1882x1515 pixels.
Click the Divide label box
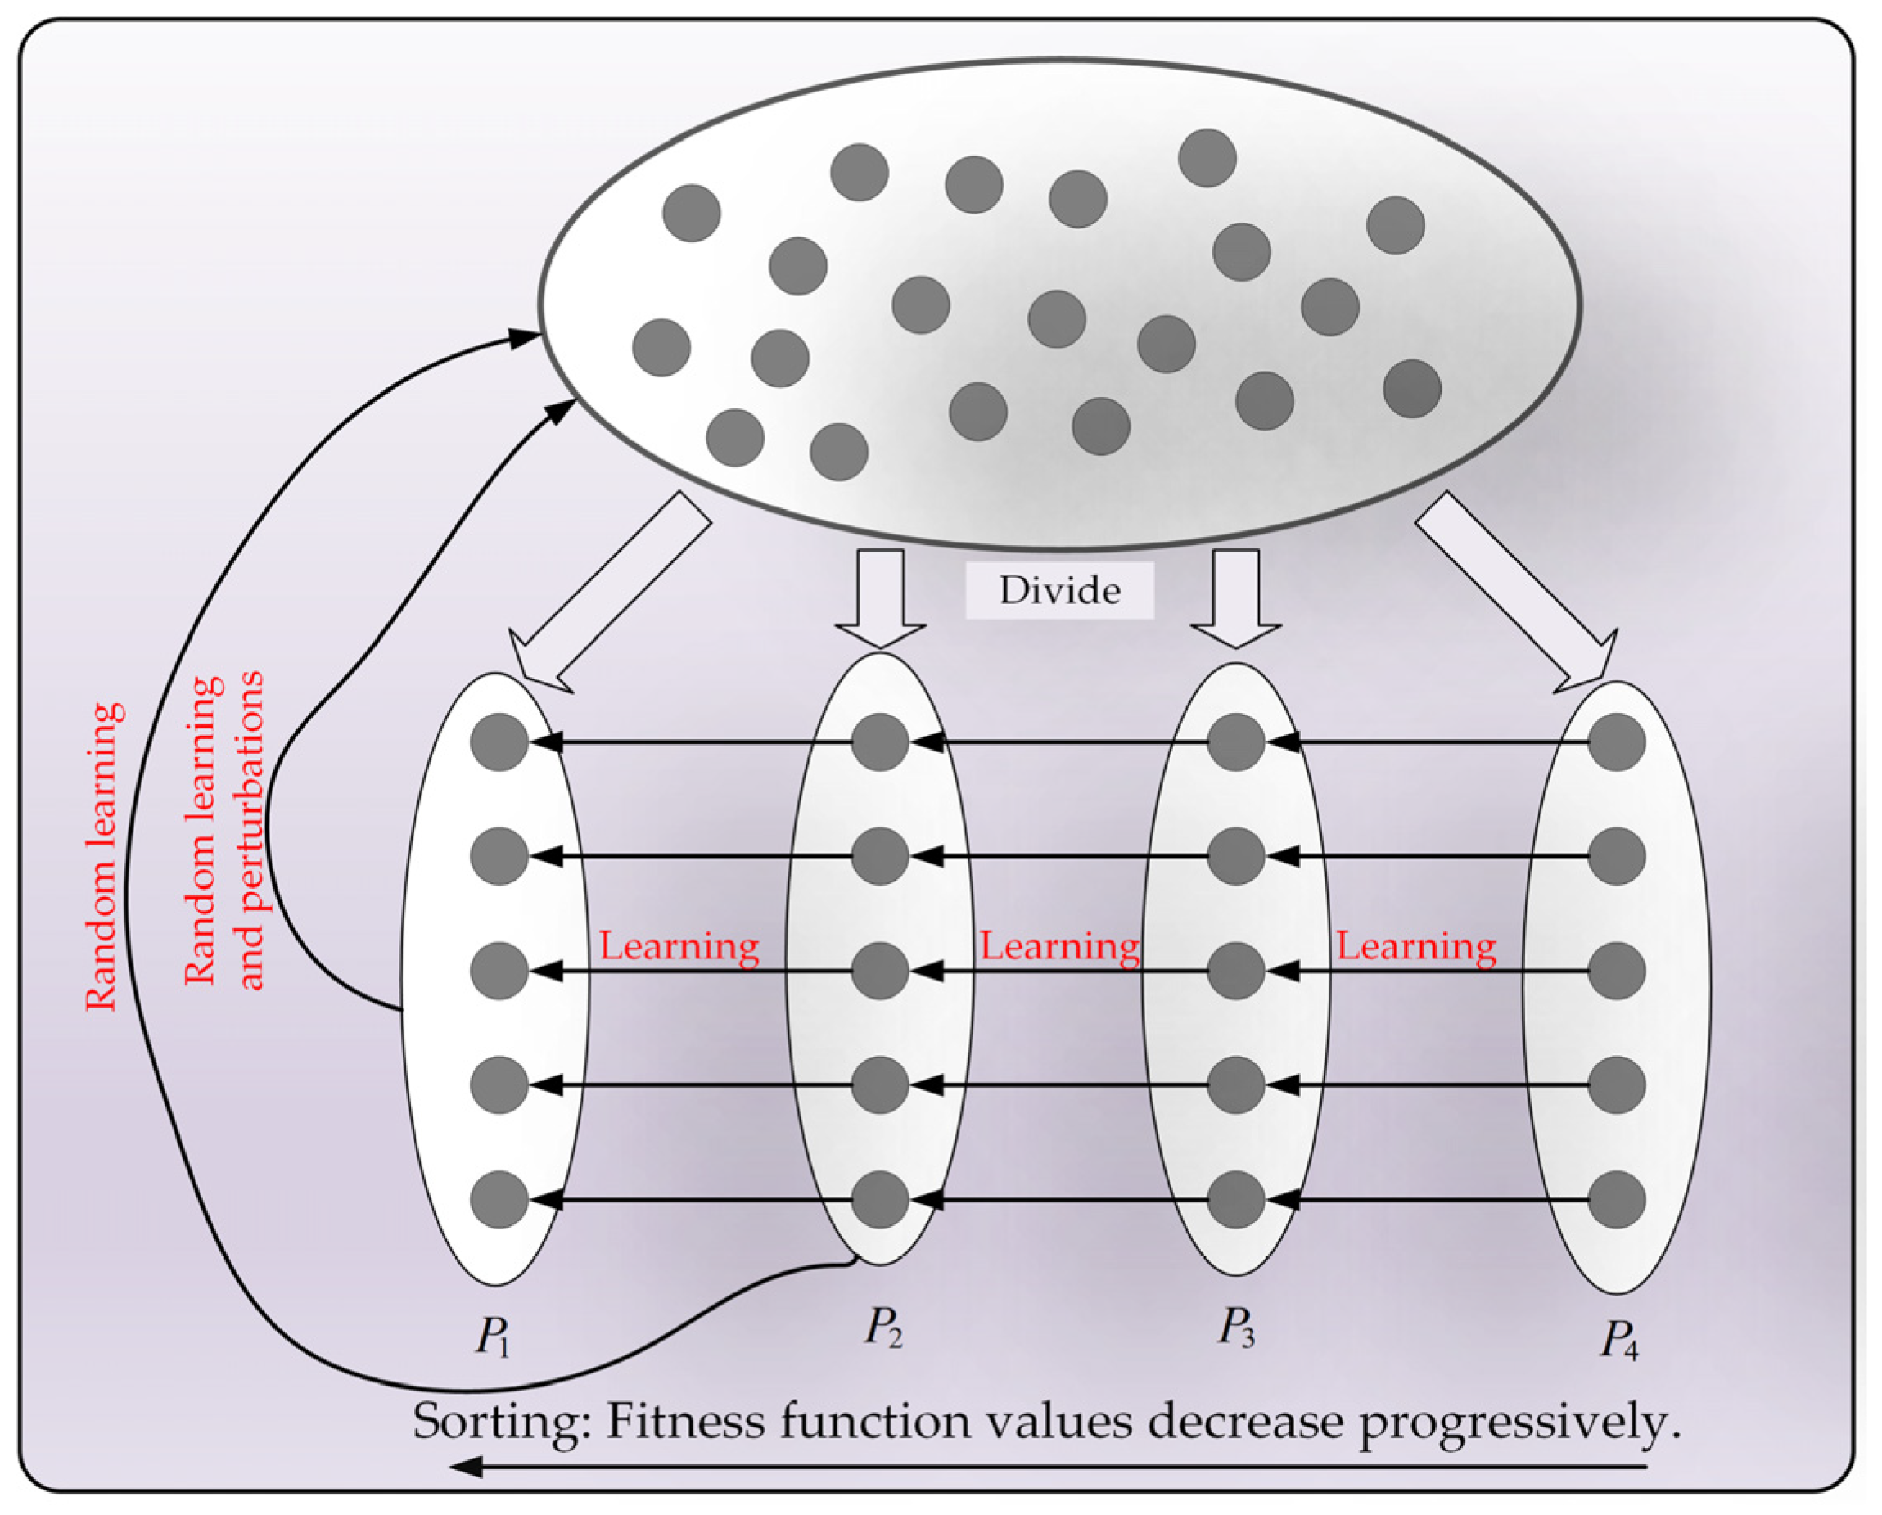1058,591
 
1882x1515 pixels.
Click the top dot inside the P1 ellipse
499,742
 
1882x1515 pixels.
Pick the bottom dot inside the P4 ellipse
1617,1200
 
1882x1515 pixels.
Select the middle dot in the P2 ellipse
880,971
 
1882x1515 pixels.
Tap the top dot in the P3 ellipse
1236,742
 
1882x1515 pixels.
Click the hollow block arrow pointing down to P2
880,598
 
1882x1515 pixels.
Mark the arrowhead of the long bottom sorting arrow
467,1467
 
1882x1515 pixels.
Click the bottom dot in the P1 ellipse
499,1200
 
